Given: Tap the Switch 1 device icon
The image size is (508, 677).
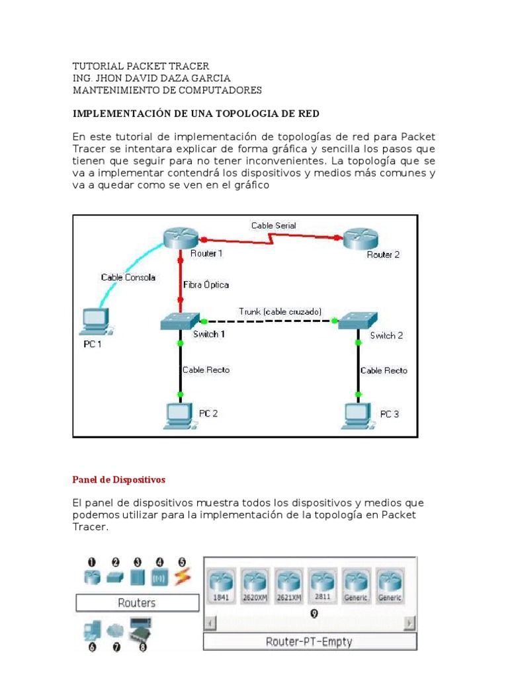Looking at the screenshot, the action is click(178, 321).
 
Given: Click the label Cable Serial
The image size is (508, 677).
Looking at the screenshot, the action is click(273, 225).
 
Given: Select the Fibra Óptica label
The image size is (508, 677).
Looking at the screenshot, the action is click(206, 285).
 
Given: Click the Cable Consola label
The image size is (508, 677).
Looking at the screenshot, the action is click(128, 278).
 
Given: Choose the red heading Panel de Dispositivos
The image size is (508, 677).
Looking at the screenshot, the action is click(118, 479).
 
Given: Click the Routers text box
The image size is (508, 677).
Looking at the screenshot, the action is click(137, 602).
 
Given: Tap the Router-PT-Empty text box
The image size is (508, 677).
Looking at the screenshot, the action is click(309, 641).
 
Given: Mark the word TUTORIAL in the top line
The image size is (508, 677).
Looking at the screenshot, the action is click(99, 66).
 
